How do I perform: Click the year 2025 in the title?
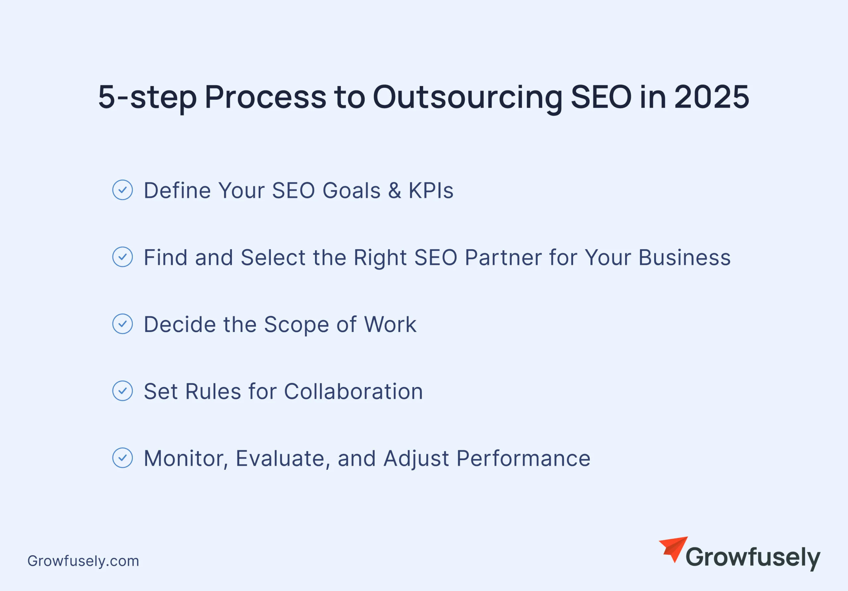coord(712,97)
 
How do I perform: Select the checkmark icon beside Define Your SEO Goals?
coord(123,190)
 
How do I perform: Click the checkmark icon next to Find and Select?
coord(123,257)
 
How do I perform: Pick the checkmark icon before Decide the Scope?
coord(123,324)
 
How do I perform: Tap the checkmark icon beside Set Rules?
coord(123,391)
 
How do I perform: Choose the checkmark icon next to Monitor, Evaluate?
coord(123,457)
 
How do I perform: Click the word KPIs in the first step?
coord(431,190)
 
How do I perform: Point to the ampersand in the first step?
coord(395,190)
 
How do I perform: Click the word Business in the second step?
coord(684,257)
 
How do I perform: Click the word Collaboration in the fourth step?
coord(353,392)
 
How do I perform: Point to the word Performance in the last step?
coord(523,458)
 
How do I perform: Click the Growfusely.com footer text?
coord(83,561)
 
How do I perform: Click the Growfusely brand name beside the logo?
coord(753,558)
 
